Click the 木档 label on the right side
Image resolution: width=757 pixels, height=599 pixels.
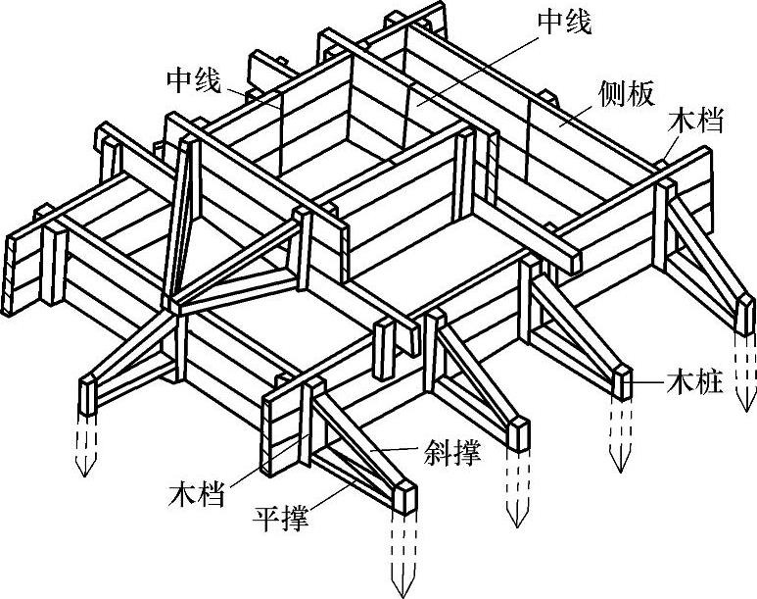click(x=696, y=123)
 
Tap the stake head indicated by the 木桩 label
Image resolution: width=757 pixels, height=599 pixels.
click(x=623, y=380)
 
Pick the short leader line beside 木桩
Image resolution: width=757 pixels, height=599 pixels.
click(x=645, y=380)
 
